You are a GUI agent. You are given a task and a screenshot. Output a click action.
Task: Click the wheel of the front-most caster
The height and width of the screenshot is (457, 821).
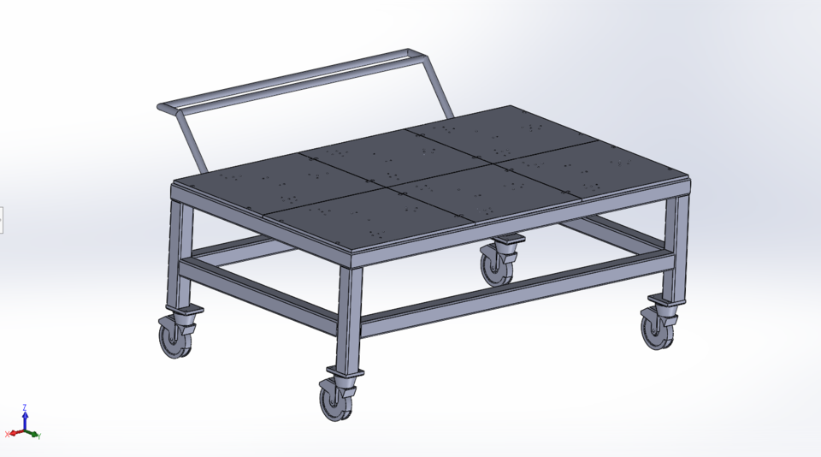point(334,401)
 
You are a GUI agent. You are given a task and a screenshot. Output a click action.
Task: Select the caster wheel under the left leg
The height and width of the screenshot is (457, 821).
point(175,338)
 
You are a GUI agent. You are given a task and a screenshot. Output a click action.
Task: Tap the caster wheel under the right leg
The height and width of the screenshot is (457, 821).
point(658,330)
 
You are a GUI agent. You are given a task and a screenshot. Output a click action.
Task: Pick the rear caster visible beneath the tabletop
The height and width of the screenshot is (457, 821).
point(496,266)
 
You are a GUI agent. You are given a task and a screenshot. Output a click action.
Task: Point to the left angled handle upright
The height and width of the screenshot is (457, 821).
point(192,142)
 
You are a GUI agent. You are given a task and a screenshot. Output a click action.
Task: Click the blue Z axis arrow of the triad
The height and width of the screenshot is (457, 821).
point(25,415)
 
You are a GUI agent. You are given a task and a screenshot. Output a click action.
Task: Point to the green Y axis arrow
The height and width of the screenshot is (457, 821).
point(33,435)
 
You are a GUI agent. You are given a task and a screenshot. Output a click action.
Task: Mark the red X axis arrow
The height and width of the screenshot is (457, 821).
point(13,435)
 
